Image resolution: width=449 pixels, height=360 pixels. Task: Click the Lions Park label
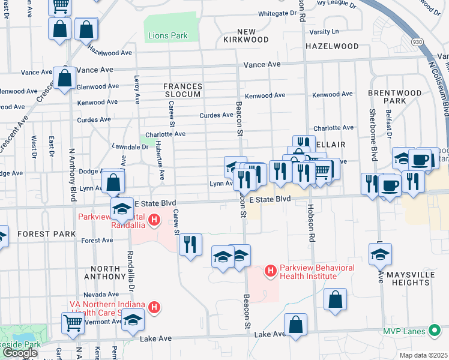click(x=167, y=36)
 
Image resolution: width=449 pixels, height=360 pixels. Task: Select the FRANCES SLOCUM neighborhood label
click(x=183, y=91)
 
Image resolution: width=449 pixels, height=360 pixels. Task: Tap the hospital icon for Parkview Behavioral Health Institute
click(x=270, y=272)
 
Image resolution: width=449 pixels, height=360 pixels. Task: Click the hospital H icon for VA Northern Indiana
click(x=154, y=308)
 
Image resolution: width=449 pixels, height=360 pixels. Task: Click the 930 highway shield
click(x=417, y=41)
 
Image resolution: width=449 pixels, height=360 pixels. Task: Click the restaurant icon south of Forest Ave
click(x=190, y=244)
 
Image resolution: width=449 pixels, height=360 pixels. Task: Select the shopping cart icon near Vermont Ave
click(x=73, y=323)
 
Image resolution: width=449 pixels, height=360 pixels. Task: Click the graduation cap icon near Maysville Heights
click(x=380, y=254)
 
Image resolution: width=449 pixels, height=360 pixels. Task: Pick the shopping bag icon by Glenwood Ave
click(x=64, y=78)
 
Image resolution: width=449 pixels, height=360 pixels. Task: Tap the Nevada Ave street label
click(x=101, y=295)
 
